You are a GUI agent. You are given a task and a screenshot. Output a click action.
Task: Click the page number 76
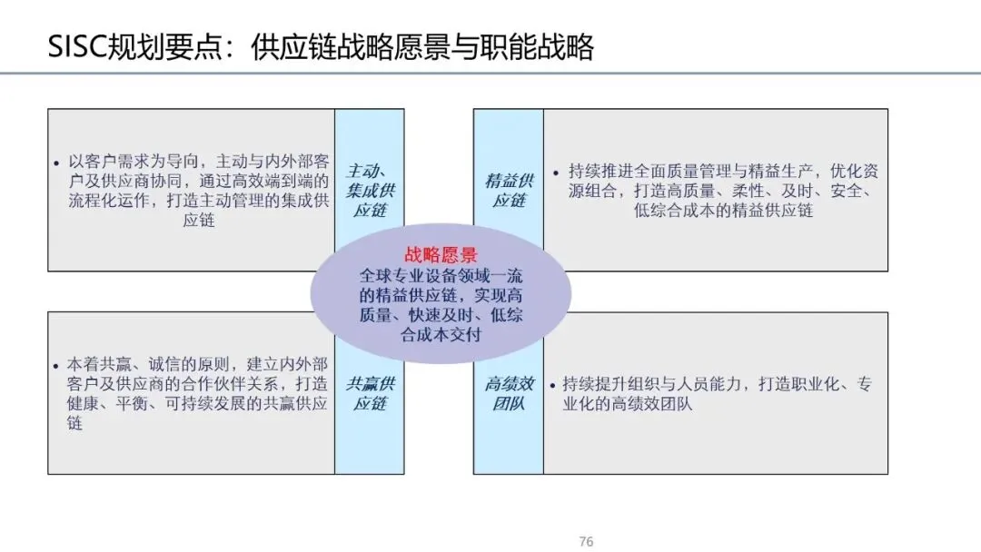tap(586, 541)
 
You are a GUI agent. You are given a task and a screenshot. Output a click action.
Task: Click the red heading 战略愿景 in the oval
tap(441, 256)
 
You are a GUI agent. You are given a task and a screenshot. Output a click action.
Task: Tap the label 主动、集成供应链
tap(370, 190)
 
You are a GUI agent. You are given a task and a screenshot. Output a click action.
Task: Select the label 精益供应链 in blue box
tap(509, 190)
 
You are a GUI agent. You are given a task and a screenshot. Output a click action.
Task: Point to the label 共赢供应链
tap(370, 393)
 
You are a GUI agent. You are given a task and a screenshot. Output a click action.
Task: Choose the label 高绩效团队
tap(509, 393)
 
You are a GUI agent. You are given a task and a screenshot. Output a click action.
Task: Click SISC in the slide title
tap(76, 47)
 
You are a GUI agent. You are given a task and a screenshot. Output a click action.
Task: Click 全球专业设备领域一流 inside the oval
tap(441, 276)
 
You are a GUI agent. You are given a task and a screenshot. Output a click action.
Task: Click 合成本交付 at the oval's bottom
tap(441, 334)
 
